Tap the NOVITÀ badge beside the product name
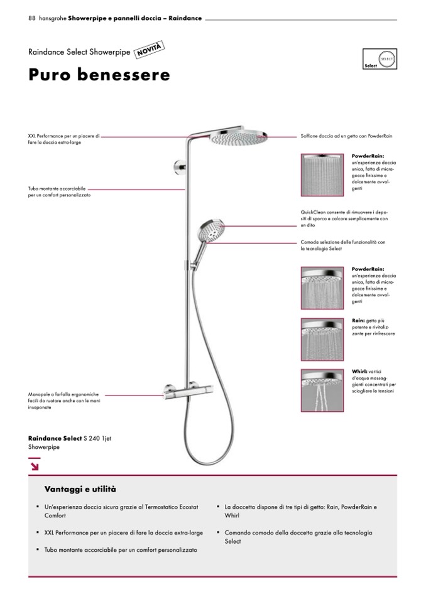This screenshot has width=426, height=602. tap(150, 49)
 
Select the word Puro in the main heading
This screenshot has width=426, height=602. tap(51, 75)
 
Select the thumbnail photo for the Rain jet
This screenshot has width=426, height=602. tap(322, 340)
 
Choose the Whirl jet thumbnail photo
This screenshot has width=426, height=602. tap(322, 390)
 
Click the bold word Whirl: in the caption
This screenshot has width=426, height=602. tap(359, 372)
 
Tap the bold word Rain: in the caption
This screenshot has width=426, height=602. tap(358, 321)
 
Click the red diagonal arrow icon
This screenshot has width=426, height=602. tap(34, 465)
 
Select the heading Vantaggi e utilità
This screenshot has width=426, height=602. tap(80, 489)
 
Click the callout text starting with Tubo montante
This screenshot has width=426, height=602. tap(60, 191)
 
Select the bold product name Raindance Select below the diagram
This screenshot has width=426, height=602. tap(55, 437)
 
